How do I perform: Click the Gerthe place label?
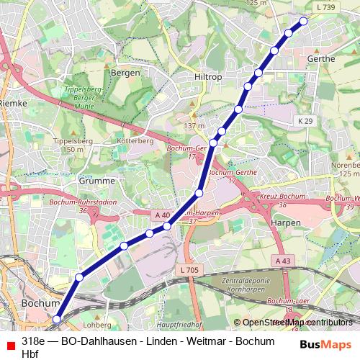321,58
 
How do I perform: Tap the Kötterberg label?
135,141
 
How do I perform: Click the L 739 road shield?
325,6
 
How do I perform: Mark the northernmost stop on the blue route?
303,21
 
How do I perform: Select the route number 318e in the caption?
35,341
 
